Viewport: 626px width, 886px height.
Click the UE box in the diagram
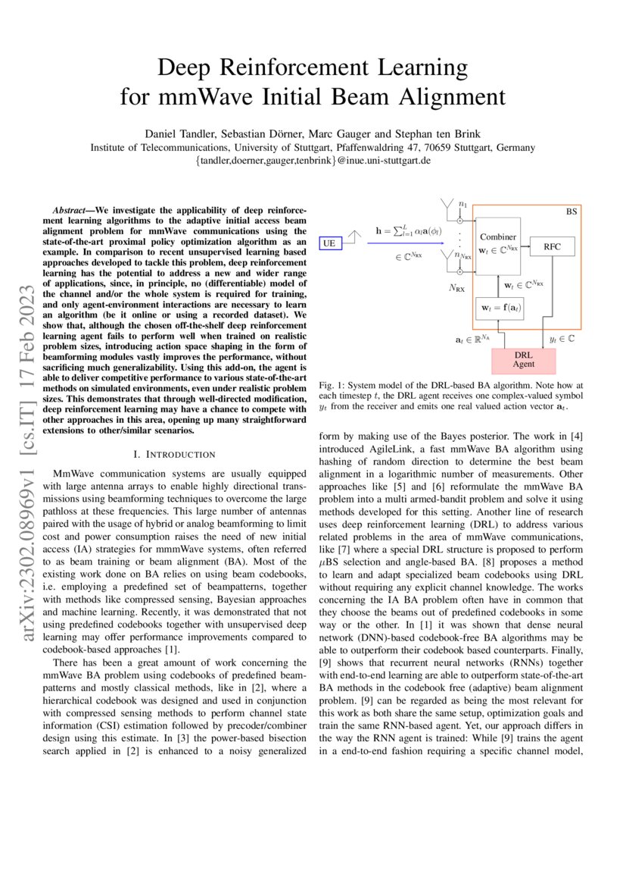(329, 243)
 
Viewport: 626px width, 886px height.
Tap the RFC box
(559, 246)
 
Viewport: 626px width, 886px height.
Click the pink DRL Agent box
(523, 358)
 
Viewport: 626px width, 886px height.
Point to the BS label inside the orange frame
(571, 213)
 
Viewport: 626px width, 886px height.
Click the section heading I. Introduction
(175, 454)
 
